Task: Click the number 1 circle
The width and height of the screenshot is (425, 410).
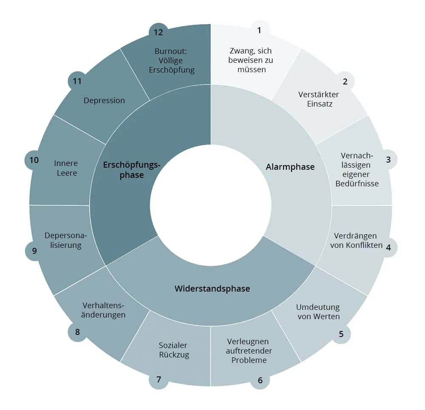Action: (x=259, y=31)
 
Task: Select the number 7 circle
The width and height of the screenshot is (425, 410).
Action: (x=159, y=379)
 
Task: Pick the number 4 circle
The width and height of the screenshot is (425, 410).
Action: (x=388, y=247)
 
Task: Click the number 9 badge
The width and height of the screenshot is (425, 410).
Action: (x=34, y=250)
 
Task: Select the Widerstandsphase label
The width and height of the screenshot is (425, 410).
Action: (x=212, y=289)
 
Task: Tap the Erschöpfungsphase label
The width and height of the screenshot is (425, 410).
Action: (x=132, y=170)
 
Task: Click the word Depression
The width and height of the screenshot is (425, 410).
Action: (x=104, y=101)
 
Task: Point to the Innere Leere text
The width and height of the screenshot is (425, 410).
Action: (x=66, y=168)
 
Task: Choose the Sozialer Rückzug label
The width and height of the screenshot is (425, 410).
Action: (x=173, y=350)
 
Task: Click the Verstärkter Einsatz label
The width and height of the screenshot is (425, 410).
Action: (x=319, y=99)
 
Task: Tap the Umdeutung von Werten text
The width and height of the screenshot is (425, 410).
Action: (x=318, y=312)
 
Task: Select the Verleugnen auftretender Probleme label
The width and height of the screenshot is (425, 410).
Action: (x=249, y=351)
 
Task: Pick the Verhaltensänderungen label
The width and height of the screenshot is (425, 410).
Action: (x=104, y=310)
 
